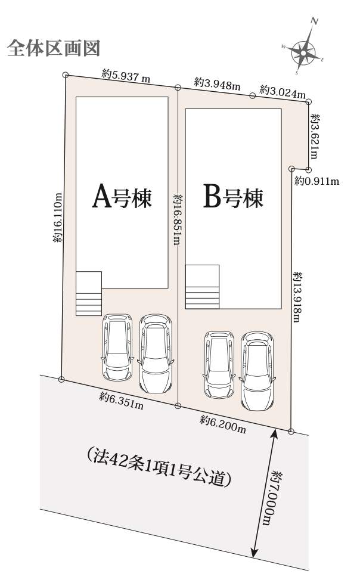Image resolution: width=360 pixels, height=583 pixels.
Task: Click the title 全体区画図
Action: [x=54, y=48]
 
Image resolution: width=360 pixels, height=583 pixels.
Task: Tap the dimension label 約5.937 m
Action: [x=126, y=76]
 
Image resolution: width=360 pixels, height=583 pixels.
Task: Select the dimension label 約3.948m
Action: [x=217, y=83]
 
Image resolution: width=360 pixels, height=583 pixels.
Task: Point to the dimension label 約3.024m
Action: [x=283, y=91]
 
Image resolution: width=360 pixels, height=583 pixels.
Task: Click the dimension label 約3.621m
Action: [x=315, y=137]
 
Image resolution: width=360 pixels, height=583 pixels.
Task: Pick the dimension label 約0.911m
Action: [x=317, y=181]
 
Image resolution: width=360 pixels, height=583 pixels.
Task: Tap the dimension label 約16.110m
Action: [x=58, y=218]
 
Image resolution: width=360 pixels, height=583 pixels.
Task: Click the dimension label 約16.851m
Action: [x=178, y=219]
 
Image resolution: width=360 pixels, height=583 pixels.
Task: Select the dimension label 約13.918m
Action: [x=297, y=296]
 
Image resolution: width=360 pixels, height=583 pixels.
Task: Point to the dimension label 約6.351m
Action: [x=121, y=401]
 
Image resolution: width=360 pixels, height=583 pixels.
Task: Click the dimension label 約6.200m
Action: [x=223, y=424]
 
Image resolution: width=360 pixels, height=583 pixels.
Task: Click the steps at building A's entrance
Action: [x=89, y=294]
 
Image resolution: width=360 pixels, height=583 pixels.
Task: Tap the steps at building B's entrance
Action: [x=202, y=287]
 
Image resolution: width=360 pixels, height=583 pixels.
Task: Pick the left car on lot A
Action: [x=117, y=348]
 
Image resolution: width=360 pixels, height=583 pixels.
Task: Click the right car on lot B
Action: [x=257, y=371]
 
